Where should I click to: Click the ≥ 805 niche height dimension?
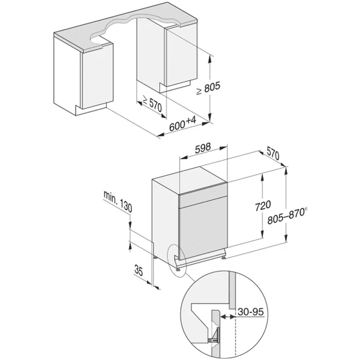point(208,88)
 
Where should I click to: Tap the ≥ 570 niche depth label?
point(152,104)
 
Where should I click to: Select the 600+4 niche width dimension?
point(183,124)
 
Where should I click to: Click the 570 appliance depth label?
point(273,153)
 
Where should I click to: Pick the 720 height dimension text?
point(263,205)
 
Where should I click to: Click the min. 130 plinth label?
point(118,202)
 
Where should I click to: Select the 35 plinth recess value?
point(139,271)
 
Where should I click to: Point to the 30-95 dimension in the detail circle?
point(251,312)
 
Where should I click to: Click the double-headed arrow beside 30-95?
point(228,317)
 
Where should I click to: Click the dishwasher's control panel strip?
point(203,197)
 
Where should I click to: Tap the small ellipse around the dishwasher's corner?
point(176,261)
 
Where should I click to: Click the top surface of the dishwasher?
point(189,175)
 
